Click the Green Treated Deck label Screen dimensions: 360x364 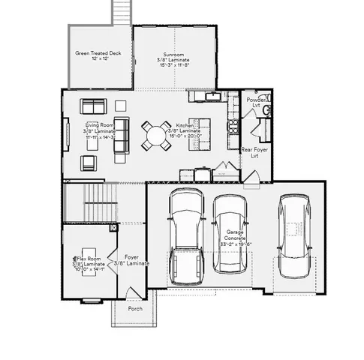(99, 56)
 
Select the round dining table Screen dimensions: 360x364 (155, 136)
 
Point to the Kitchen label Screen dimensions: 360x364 (185, 130)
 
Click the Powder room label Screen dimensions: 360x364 (255, 102)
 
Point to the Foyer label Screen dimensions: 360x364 (132, 260)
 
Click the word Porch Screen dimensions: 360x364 (135, 308)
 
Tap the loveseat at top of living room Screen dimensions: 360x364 (94, 106)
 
